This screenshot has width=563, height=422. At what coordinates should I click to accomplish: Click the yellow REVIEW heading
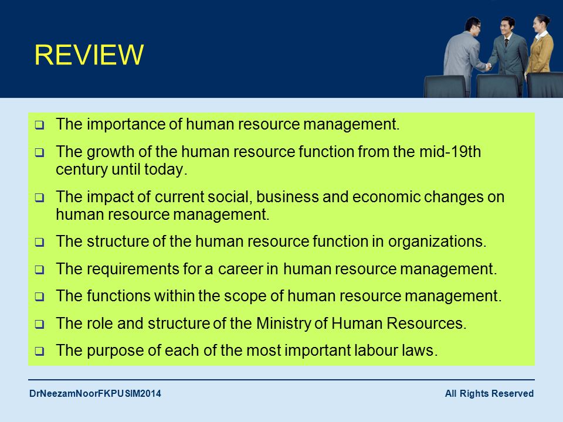click(89, 55)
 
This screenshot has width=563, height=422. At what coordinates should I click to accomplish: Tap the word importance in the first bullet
click(126, 124)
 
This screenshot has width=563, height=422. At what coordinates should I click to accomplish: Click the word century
click(82, 169)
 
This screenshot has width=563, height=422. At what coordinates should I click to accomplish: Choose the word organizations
click(437, 241)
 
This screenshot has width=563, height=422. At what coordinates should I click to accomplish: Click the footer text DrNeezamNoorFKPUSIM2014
click(95, 394)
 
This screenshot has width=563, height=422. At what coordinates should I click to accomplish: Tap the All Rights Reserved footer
click(489, 394)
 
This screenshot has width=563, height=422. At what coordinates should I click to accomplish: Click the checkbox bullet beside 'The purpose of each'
click(39, 351)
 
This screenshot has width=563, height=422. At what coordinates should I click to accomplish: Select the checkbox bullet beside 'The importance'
click(39, 125)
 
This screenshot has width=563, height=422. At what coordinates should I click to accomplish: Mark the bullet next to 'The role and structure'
click(39, 324)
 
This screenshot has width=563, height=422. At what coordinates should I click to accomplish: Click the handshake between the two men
click(488, 66)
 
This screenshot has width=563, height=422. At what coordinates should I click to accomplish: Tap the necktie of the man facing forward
click(507, 43)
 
